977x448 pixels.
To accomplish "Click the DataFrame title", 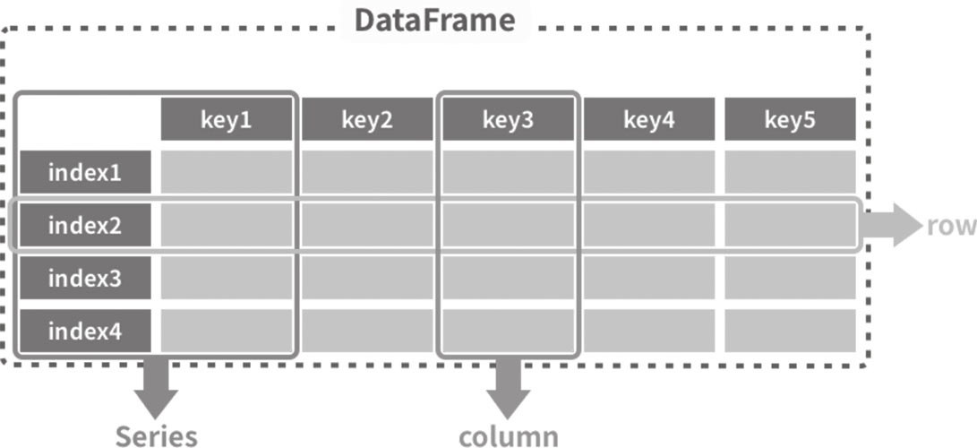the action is [435, 21].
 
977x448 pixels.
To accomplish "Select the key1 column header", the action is [227, 119].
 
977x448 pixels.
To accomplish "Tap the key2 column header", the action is [367, 119].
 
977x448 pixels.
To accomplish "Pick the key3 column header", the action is [508, 119].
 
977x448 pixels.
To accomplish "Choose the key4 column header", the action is [648, 119].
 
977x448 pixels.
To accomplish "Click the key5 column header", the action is [790, 119].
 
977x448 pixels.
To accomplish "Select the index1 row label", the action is [85, 172].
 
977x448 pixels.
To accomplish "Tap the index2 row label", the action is [85, 225].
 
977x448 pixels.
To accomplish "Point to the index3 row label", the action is [85, 278].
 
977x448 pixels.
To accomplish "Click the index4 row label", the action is [85, 331].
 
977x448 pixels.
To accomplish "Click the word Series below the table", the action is [157, 436].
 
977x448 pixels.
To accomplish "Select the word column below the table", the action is [509, 436].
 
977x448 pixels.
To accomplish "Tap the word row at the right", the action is [951, 226].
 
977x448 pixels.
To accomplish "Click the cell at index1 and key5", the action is [790, 172].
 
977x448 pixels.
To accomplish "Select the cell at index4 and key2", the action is [367, 331].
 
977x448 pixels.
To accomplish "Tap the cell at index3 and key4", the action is [648, 278].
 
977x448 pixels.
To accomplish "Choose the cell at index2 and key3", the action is [508, 225].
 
